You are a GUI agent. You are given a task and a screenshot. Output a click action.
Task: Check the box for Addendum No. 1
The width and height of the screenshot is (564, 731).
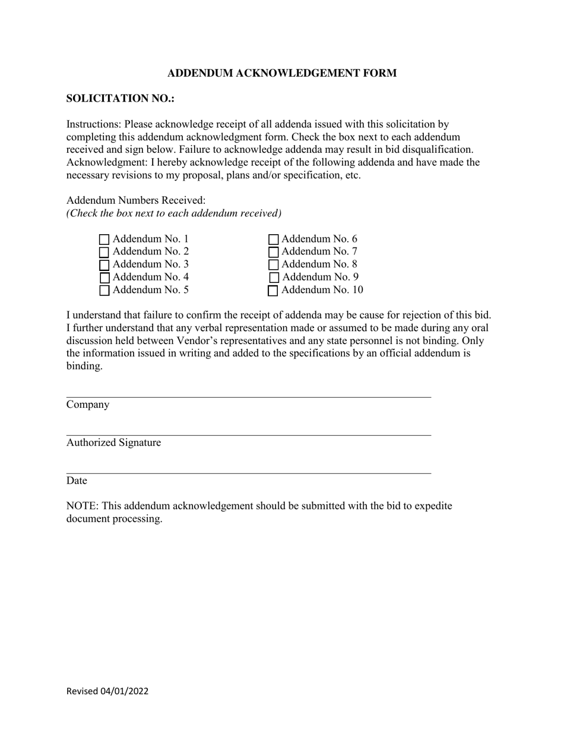[x=104, y=240]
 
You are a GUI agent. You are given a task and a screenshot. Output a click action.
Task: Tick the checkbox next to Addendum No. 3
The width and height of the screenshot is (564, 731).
[x=104, y=265]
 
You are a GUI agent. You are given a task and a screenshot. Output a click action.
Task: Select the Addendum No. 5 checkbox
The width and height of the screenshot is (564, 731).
[x=104, y=291]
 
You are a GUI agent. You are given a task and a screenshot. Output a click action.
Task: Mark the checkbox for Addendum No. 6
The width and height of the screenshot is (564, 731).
[x=274, y=240]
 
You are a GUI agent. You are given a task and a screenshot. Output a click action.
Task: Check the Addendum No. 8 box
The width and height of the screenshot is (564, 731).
[x=274, y=265]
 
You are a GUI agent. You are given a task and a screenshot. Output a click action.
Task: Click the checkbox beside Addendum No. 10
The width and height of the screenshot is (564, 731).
[x=273, y=291]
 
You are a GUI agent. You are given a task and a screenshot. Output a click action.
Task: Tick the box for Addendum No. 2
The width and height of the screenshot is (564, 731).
[x=104, y=252]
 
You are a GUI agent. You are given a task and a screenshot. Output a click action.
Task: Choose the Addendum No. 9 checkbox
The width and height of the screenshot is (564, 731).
[x=274, y=278]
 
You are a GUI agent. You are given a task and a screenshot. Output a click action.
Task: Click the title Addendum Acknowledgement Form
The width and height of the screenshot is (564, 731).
[x=281, y=73]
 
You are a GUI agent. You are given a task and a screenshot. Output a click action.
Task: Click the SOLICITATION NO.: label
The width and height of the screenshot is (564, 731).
[x=120, y=99]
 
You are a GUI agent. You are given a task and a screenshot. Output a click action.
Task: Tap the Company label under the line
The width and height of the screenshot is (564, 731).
[x=88, y=405]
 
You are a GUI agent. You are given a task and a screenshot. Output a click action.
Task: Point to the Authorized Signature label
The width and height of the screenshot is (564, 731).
[x=113, y=443]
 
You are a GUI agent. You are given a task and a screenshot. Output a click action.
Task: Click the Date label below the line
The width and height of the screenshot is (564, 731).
[x=77, y=481]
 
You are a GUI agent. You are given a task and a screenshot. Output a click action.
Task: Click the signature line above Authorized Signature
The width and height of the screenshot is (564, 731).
[x=248, y=435]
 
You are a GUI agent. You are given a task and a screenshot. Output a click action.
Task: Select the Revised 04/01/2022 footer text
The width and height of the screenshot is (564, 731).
[x=107, y=691]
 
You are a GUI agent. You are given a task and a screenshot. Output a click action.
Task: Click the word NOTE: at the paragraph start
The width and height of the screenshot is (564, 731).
[x=82, y=506]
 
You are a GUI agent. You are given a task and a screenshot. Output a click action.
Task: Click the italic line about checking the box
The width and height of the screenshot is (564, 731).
[x=174, y=213]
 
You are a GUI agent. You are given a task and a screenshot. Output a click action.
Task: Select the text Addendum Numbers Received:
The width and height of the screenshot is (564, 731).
[x=136, y=201]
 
